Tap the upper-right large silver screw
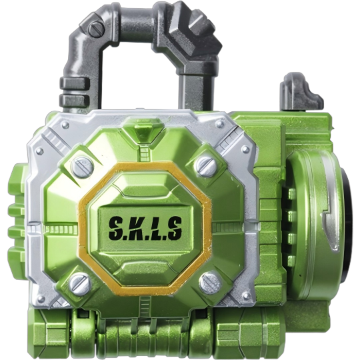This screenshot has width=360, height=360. tap(207, 165)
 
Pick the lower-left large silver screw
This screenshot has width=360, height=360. tap(79, 285)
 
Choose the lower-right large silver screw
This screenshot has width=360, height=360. tap(209, 281)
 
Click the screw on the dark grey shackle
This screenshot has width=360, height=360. tap(97, 29)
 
